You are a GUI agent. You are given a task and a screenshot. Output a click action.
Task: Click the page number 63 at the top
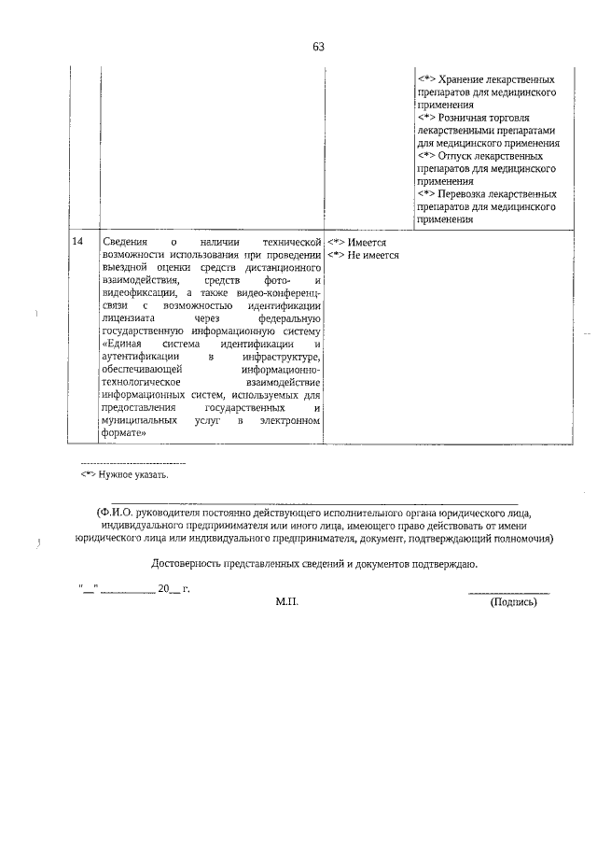click(x=318, y=47)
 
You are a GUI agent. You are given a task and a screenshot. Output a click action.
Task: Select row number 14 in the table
click(x=77, y=242)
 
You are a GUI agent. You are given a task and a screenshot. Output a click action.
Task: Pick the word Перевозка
click(x=472, y=194)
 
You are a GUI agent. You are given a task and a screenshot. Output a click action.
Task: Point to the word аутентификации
click(x=138, y=358)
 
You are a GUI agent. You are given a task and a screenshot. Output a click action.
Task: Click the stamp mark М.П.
click(x=285, y=603)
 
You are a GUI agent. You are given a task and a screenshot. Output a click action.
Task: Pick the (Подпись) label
click(x=513, y=603)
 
